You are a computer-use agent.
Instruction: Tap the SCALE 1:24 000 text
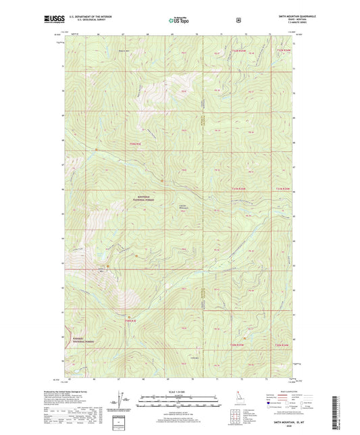(180, 390)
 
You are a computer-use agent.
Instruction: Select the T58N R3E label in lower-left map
(131, 320)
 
